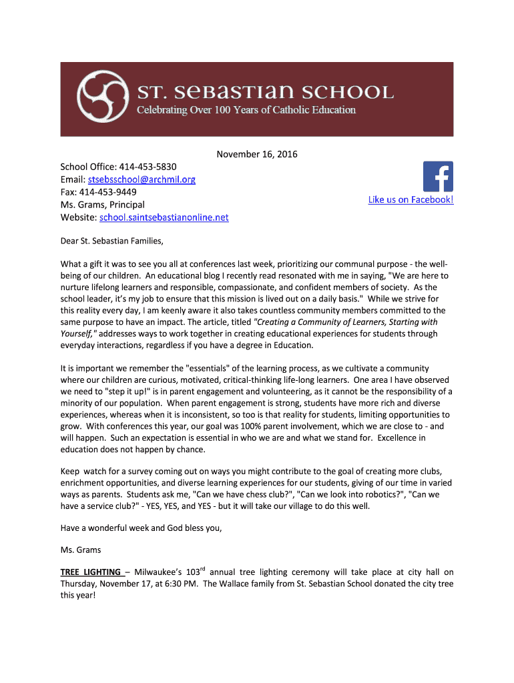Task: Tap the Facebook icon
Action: (x=438, y=176)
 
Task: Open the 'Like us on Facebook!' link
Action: (x=411, y=199)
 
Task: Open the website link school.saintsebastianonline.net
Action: (x=164, y=217)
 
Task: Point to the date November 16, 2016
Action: (x=257, y=155)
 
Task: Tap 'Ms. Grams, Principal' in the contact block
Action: (x=102, y=205)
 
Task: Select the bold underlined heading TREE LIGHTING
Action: (x=91, y=572)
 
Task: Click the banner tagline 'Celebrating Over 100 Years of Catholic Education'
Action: (x=246, y=110)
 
